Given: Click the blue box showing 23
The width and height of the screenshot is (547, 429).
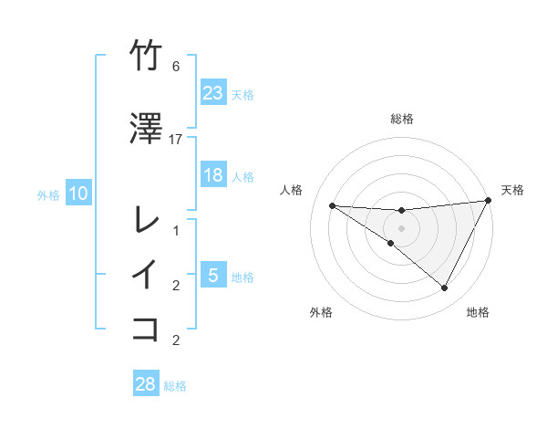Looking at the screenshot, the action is click(x=213, y=93).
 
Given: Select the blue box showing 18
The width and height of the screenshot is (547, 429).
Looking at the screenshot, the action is click(x=213, y=175).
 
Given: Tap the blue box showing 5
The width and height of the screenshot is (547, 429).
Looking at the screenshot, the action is click(x=213, y=276).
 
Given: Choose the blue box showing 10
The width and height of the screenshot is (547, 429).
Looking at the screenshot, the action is click(x=78, y=194).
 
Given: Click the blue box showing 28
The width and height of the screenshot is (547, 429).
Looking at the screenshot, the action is click(x=146, y=384).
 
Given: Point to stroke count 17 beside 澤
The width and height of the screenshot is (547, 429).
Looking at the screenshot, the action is click(x=176, y=140).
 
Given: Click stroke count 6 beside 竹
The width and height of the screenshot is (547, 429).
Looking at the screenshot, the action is click(x=176, y=67).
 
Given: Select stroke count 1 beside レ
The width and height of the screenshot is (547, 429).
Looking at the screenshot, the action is click(x=176, y=231).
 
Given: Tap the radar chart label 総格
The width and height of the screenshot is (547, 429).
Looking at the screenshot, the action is click(x=402, y=119).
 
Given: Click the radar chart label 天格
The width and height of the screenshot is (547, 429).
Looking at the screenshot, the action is click(x=512, y=190).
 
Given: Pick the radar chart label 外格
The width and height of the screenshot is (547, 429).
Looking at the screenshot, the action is click(x=321, y=312).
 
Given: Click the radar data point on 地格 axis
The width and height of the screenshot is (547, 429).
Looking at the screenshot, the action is click(x=445, y=288).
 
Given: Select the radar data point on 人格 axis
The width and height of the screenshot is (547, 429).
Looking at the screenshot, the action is click(x=332, y=205).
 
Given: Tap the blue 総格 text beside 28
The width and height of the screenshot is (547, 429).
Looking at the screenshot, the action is click(x=176, y=386).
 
